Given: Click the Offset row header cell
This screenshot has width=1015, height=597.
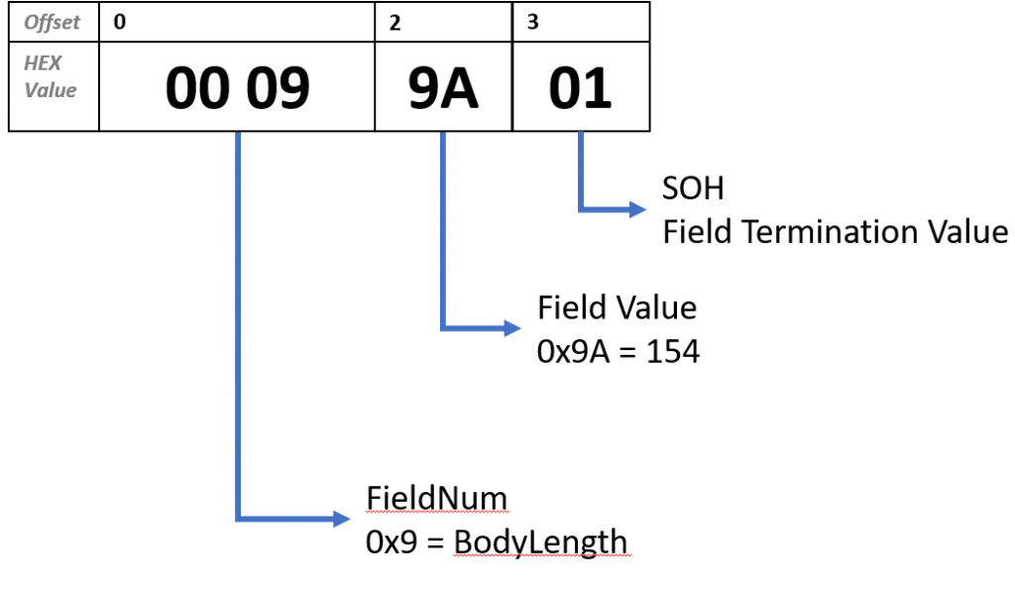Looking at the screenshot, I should coord(53,22).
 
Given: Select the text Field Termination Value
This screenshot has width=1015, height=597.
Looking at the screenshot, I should coord(835,232).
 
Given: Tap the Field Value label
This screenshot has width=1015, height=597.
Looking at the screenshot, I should coord(617,308).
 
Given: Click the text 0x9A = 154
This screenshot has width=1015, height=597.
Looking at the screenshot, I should coord(619,351).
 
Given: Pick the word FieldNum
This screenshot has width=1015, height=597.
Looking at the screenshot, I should coord(436,498).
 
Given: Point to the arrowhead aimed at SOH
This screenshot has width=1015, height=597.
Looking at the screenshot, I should coord(635,209).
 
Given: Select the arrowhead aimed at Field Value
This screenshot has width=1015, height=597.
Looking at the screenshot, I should coord(510,327).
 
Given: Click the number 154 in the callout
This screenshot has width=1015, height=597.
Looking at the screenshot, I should coord(673,351).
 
